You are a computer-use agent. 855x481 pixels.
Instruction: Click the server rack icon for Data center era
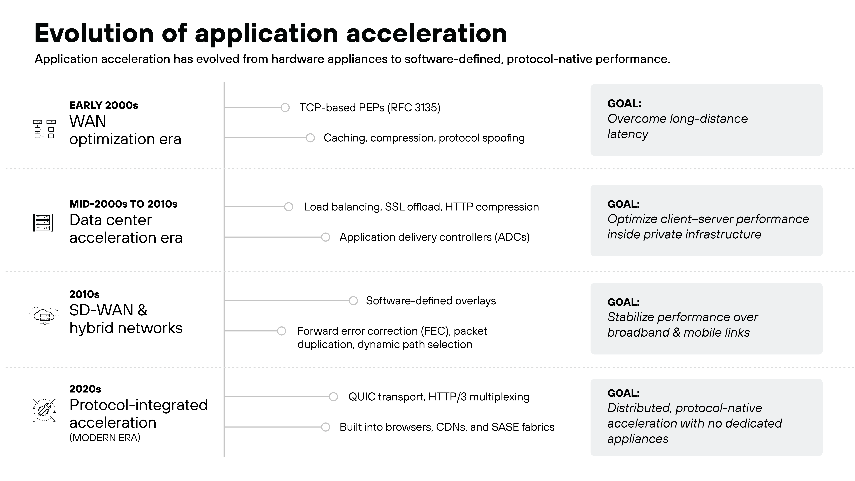(43, 222)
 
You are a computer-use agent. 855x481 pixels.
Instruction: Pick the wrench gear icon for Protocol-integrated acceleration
(44, 410)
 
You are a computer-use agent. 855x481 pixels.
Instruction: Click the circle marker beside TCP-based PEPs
(285, 108)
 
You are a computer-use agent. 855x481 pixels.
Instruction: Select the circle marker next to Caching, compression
(310, 138)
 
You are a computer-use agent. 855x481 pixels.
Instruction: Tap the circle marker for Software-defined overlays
(353, 301)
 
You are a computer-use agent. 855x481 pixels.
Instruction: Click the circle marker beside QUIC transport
(333, 397)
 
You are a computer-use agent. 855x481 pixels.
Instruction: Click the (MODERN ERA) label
(105, 438)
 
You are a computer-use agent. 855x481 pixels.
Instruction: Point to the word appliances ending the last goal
(638, 439)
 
